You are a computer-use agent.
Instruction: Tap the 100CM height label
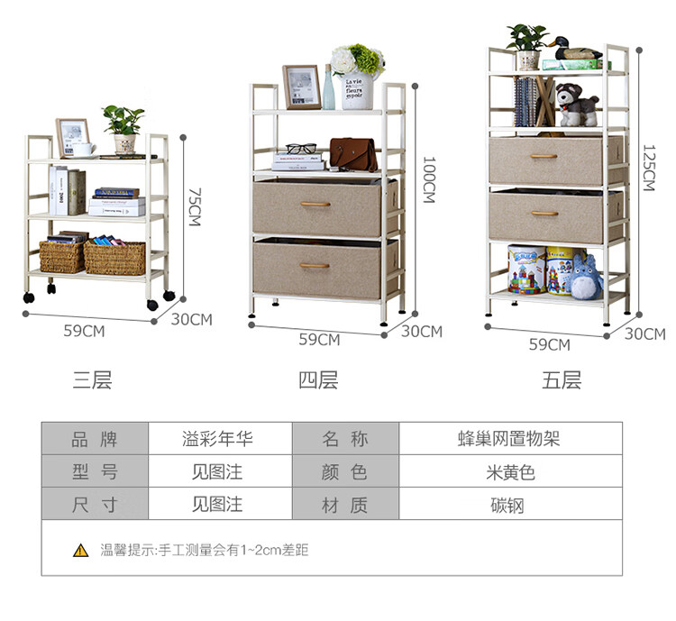pos(429,180)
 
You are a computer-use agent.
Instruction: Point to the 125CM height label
pos(648,168)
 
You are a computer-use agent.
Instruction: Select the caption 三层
pos(92,380)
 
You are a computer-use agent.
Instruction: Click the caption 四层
pos(318,380)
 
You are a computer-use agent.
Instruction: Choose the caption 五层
pos(562,380)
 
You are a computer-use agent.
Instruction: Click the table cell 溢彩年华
pos(217,439)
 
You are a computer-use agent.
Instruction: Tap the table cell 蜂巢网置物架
pos(509,439)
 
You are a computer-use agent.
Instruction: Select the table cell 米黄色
pos(509,471)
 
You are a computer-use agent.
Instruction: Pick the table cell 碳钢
pos(509,505)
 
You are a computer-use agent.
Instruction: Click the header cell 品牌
pos(94,439)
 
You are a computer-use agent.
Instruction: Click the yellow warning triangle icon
pos(81,550)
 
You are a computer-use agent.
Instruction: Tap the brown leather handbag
pos(352,154)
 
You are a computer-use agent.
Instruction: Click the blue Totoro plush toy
pos(587,274)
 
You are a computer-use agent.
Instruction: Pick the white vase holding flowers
pos(357,89)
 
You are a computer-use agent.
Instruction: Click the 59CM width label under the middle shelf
pos(319,340)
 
